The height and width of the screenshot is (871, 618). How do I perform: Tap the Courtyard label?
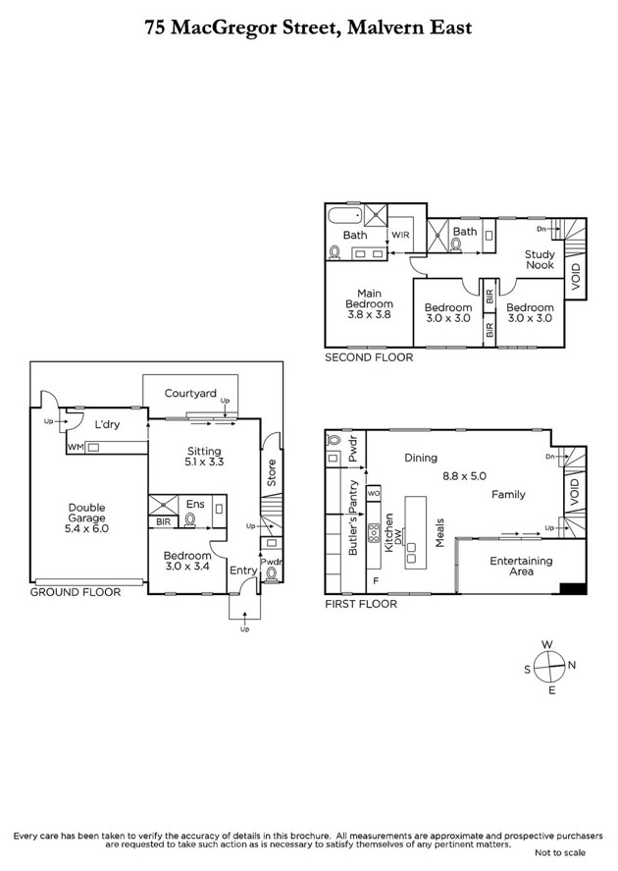190,394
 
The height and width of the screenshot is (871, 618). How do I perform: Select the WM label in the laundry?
76,447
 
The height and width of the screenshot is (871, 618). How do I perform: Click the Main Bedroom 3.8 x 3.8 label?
369,303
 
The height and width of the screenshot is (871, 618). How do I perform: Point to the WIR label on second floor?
400,236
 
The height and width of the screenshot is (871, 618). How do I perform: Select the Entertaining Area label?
522,566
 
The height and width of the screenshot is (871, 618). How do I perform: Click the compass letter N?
572,665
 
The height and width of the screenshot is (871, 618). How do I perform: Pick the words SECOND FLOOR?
369,358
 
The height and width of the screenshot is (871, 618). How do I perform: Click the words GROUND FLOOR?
76,592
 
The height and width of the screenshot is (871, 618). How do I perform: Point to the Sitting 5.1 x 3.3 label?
205,458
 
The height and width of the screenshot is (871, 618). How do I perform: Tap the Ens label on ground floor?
195,505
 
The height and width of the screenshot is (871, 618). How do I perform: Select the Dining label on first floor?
421,459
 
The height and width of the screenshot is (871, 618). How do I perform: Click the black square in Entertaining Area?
573,589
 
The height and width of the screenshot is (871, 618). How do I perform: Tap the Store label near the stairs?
272,472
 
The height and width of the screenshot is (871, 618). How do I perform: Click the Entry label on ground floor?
243,571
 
